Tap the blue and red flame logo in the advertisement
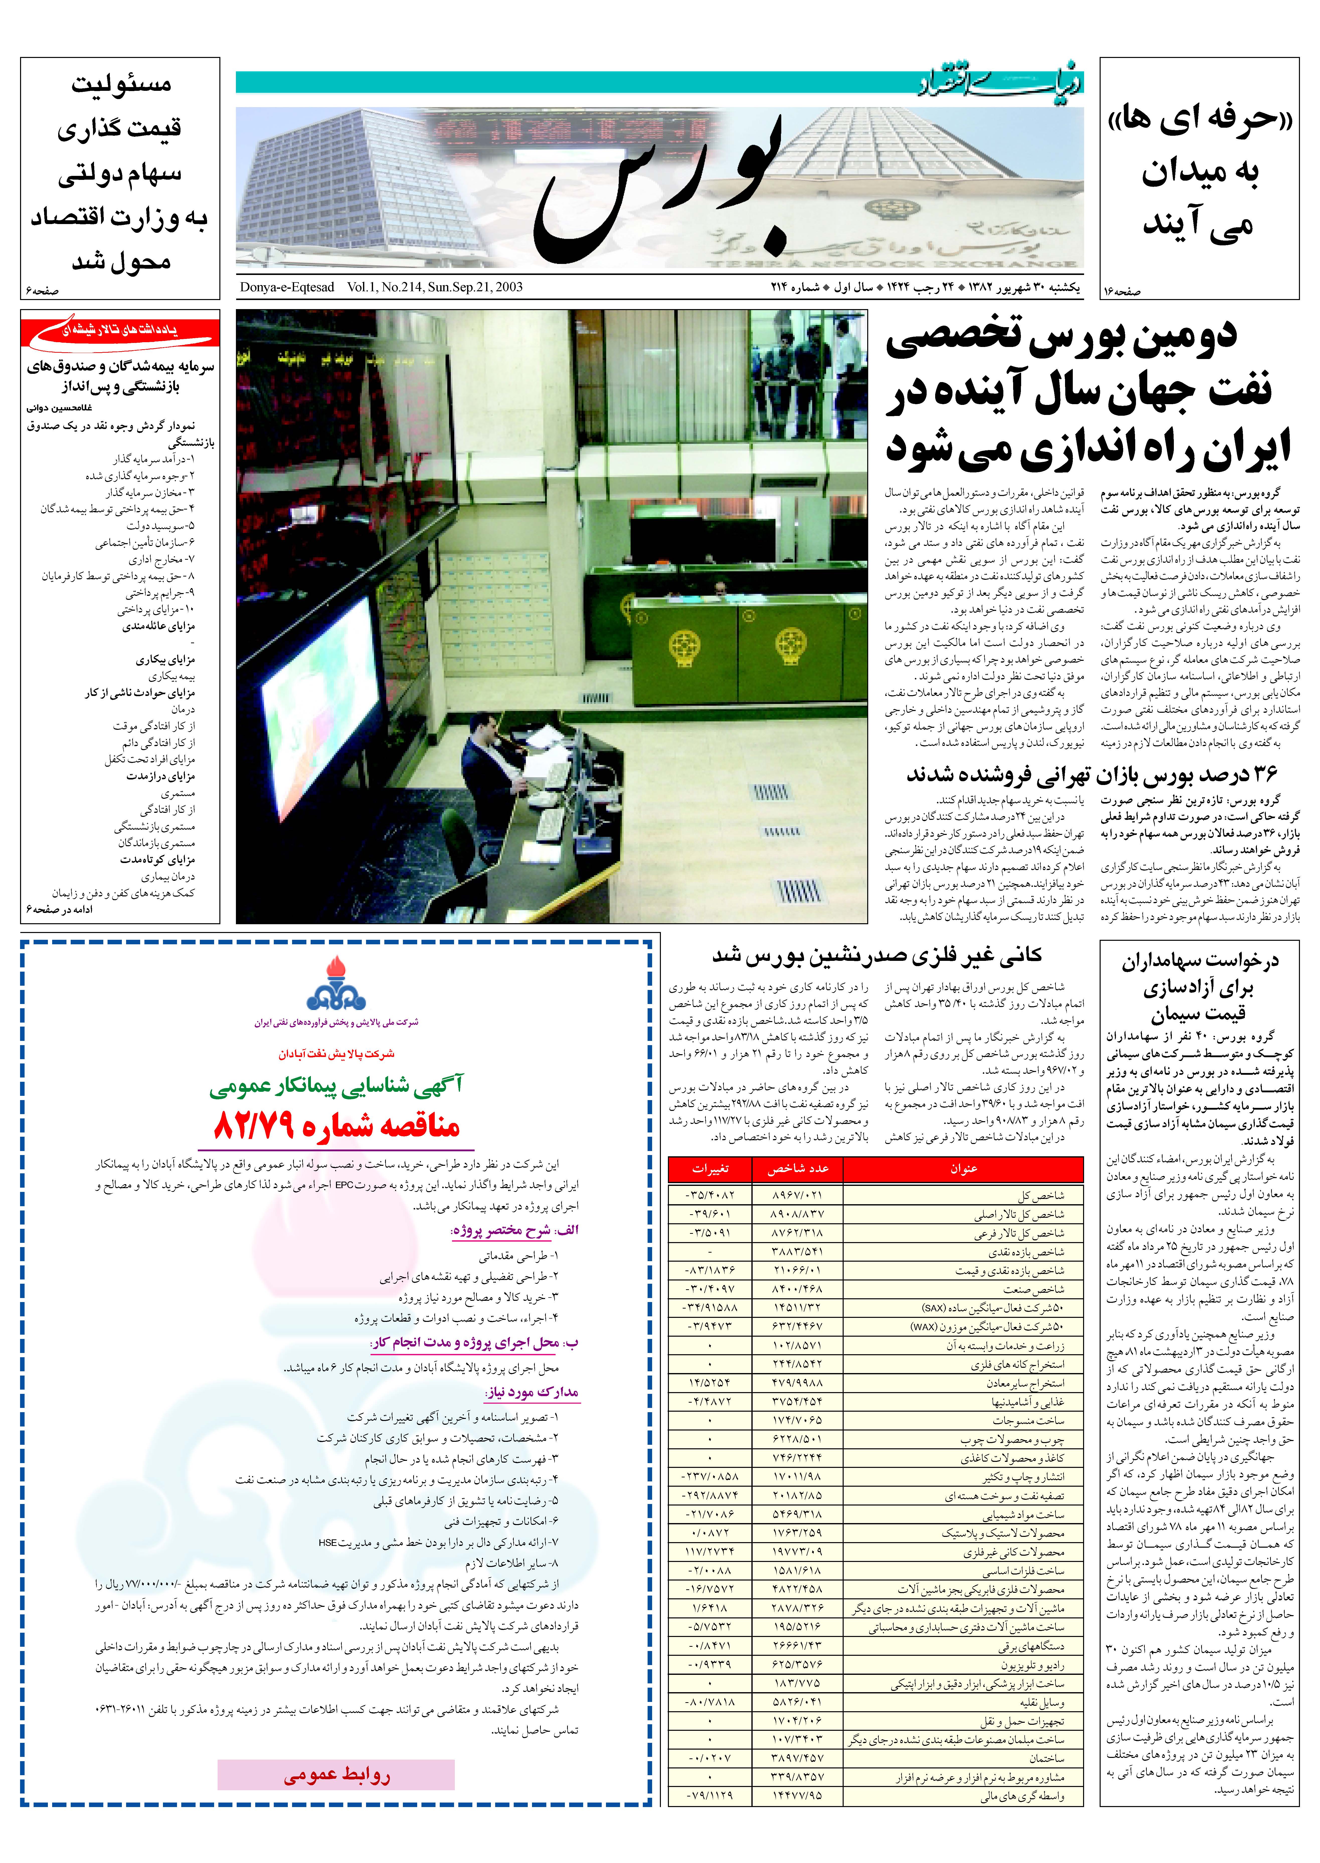coord(336,984)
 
